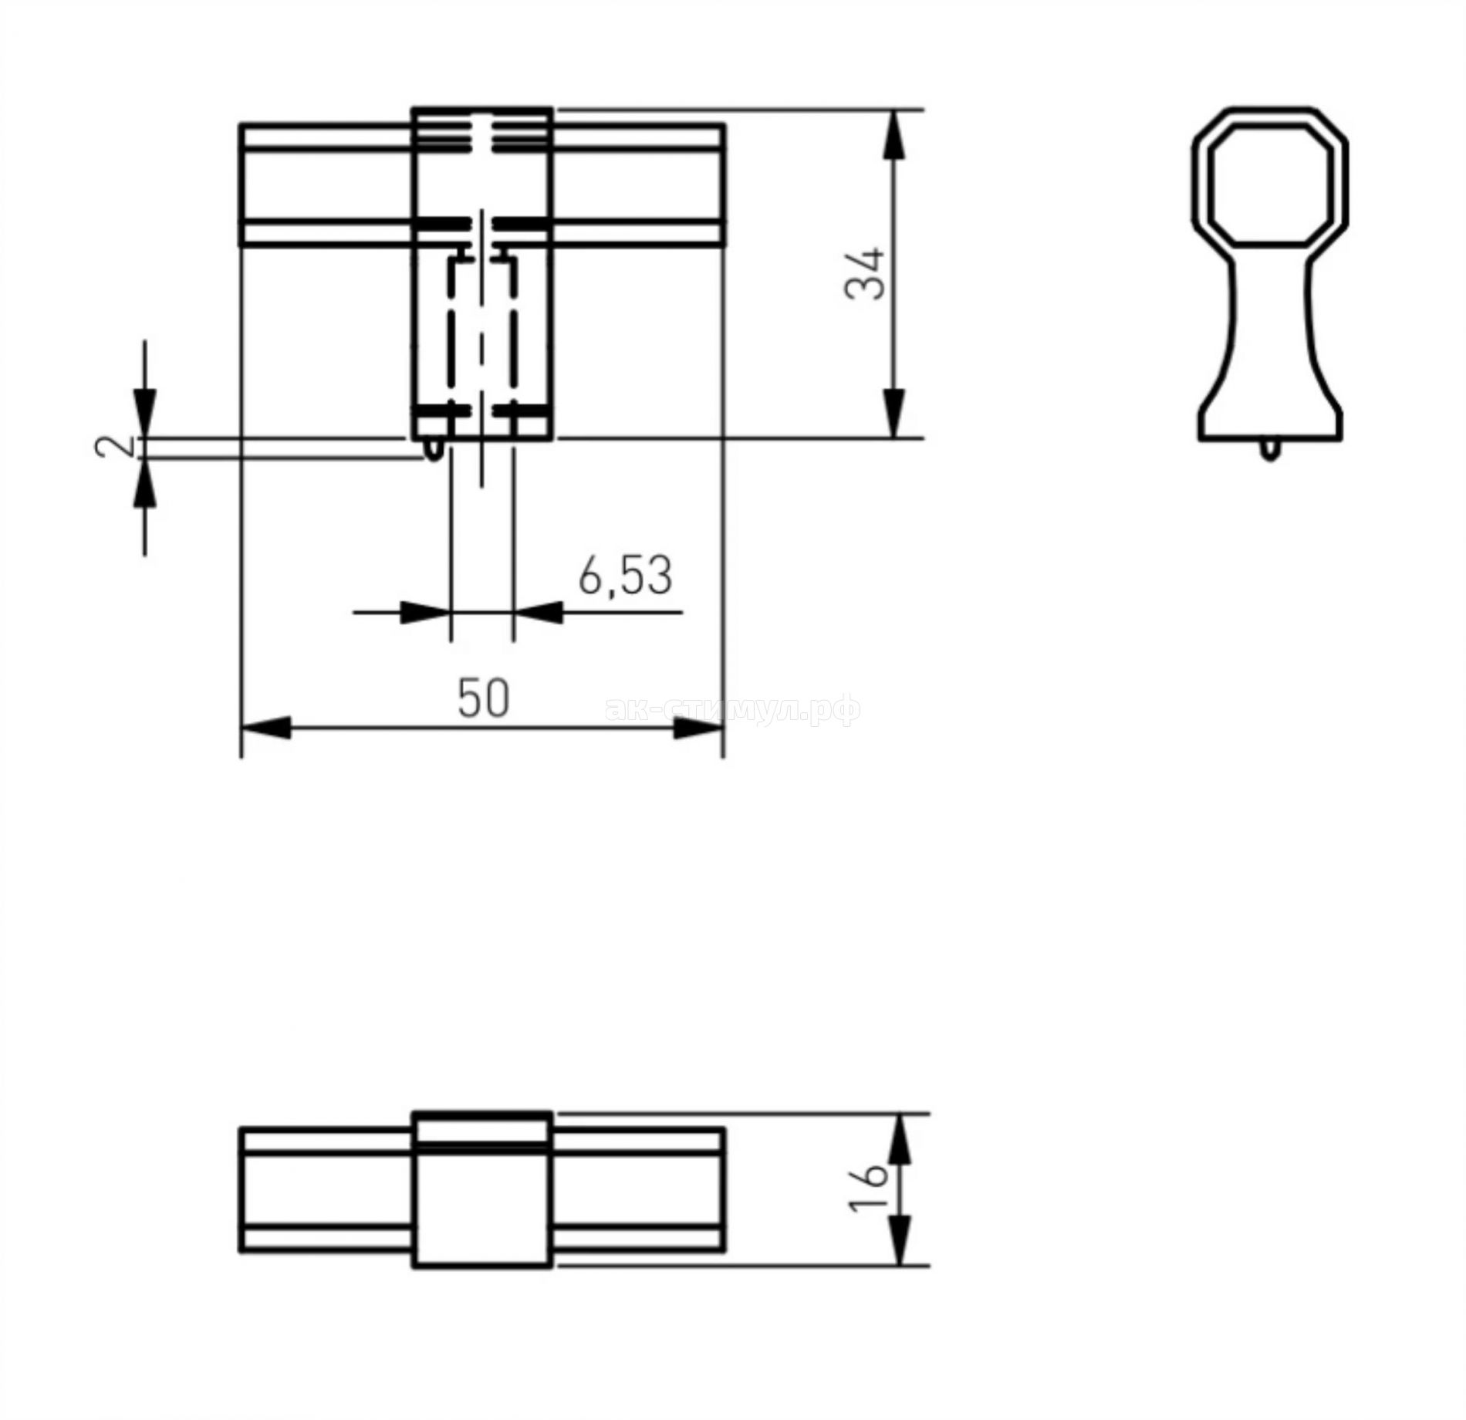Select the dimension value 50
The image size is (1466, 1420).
coord(484,698)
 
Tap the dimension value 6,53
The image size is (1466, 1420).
coord(625,575)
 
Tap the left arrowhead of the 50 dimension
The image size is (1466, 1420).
coord(267,727)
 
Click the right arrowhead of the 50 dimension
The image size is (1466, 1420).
coord(698,727)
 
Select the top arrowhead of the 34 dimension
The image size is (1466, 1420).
coord(893,134)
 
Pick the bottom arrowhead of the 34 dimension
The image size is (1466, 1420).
coord(893,414)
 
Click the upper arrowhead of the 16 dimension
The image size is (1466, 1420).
coord(900,1138)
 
